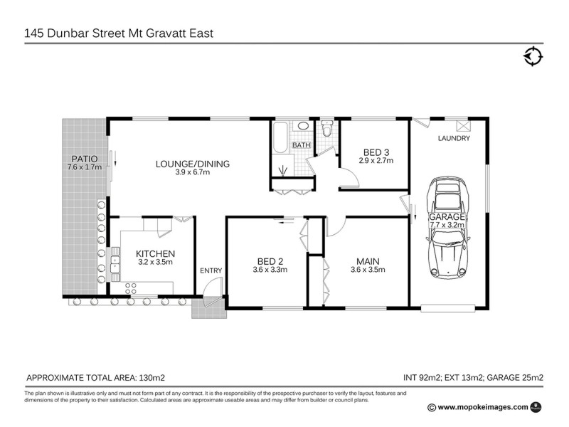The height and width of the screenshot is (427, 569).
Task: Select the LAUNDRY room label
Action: click(x=454, y=139)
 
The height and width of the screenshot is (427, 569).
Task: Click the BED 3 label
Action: click(x=376, y=152)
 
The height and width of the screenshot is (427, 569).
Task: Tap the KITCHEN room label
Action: click(x=155, y=253)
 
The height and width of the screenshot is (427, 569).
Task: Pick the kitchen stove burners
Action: click(x=132, y=288)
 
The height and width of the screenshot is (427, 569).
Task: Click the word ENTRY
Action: click(x=211, y=270)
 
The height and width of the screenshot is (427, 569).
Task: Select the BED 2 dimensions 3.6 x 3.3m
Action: click(x=269, y=270)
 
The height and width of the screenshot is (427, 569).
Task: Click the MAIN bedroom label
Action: click(x=368, y=260)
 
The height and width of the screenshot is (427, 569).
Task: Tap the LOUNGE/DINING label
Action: click(x=193, y=164)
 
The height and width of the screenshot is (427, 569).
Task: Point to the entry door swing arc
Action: click(x=211, y=291)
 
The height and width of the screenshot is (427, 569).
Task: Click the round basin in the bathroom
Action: click(x=303, y=127)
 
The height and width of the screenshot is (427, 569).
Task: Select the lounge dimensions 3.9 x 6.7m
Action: click(x=193, y=173)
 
